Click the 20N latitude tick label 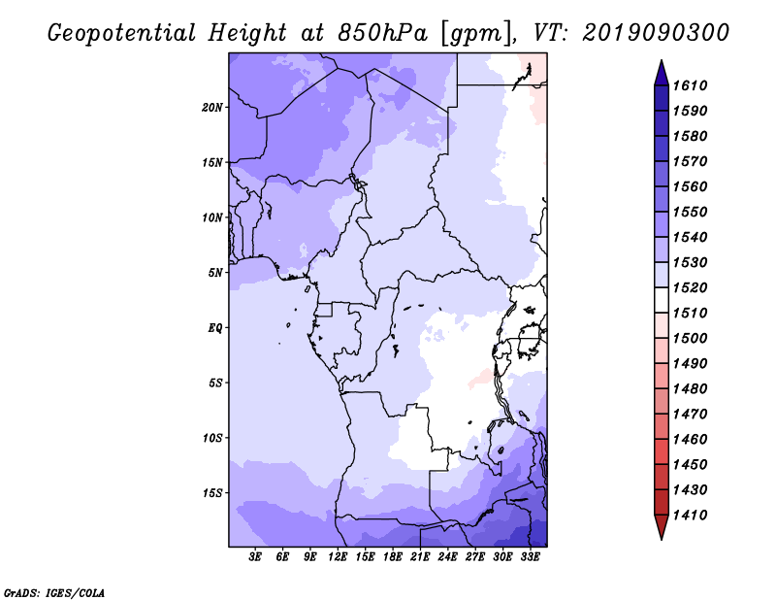point(212,108)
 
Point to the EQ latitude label point(214,328)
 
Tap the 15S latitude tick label point(212,493)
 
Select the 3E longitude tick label point(255,557)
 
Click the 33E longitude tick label point(530,557)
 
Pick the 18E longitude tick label point(393,557)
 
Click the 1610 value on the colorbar point(690,85)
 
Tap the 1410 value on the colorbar point(690,516)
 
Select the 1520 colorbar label point(690,287)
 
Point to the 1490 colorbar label point(690,364)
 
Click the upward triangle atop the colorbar point(662,74)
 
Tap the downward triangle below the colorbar point(662,527)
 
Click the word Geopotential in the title point(121,33)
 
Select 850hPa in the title point(382,33)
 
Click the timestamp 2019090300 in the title point(656,33)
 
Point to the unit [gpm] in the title point(476,34)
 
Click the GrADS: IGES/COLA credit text point(54,592)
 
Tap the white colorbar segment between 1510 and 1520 point(662,300)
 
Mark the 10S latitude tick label point(212,438)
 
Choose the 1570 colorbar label point(690,161)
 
